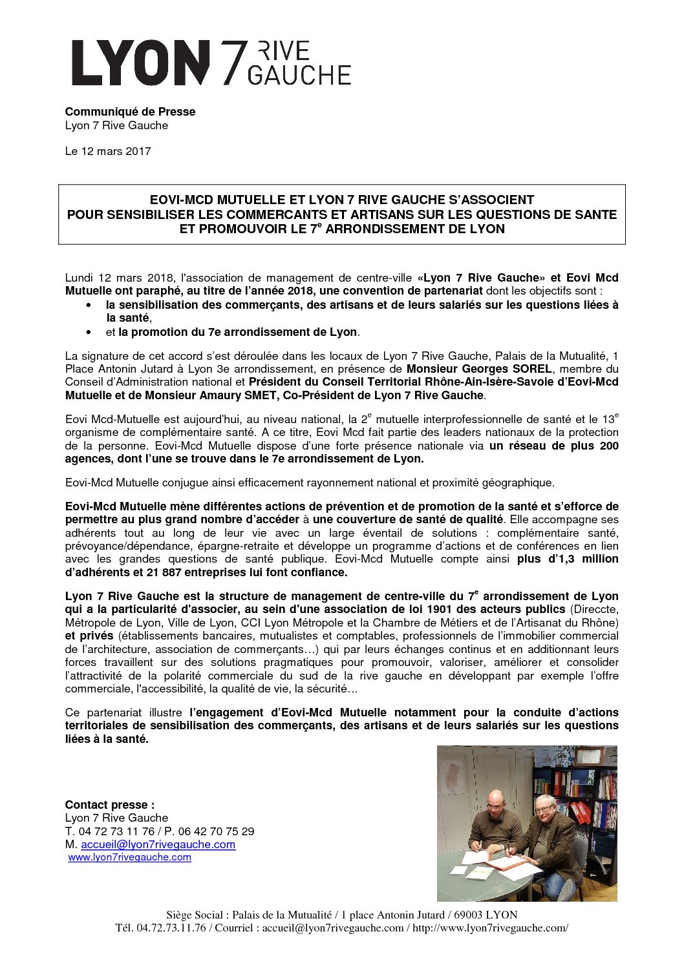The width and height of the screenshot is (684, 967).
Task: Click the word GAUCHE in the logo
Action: pyautogui.click(x=299, y=75)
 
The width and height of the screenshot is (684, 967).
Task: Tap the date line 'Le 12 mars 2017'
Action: pyautogui.click(x=108, y=151)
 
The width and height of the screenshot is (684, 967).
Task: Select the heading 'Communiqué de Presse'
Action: pyautogui.click(x=130, y=112)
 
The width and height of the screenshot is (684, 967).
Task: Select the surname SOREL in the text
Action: pyautogui.click(x=531, y=369)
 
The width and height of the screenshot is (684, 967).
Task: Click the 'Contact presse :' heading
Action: pyautogui.click(x=110, y=805)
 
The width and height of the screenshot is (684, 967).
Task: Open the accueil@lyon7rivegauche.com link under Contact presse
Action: pyautogui.click(x=158, y=844)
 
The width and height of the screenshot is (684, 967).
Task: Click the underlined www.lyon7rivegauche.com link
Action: pyautogui.click(x=129, y=857)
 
